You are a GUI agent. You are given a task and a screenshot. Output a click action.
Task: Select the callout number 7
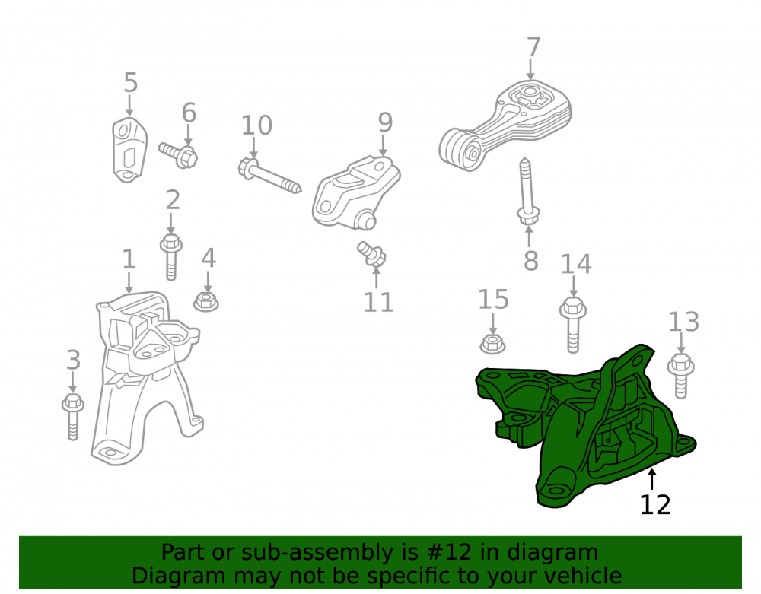(533, 47)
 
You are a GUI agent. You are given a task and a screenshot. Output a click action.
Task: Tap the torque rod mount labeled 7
(505, 125)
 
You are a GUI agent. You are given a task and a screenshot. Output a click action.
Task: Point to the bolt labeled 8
(527, 191)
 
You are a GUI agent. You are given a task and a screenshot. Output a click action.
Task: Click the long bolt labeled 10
(269, 176)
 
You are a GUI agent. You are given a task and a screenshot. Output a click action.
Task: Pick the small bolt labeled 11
(372, 255)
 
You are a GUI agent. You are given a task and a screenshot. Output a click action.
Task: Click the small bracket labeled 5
(129, 150)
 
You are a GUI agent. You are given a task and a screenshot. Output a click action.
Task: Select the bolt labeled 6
(179, 154)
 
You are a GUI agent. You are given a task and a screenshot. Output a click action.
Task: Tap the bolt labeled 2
(170, 257)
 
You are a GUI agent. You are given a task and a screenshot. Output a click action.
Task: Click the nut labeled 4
(205, 302)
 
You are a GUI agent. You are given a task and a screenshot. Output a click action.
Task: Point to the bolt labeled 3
(73, 417)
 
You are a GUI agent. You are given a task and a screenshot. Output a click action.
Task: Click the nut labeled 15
(492, 343)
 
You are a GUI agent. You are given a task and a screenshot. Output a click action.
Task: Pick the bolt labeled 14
(573, 325)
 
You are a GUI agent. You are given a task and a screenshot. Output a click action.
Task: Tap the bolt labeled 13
(681, 376)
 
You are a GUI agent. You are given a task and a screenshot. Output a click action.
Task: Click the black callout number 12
(655, 505)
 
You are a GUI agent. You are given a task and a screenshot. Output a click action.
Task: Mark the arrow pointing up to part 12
(652, 479)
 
